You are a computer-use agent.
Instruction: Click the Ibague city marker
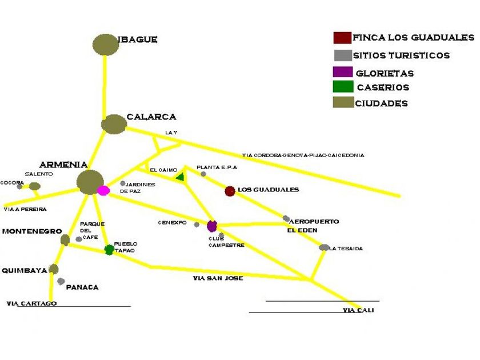(x=105, y=45)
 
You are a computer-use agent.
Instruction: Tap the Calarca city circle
(x=114, y=124)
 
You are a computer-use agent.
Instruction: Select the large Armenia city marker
(x=90, y=182)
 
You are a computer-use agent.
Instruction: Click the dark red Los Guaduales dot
(x=230, y=191)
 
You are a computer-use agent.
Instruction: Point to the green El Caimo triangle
(x=180, y=178)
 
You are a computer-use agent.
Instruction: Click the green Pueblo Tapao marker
(x=109, y=250)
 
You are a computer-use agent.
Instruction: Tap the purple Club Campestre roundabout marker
(x=212, y=226)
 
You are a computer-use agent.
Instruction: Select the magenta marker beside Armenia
(x=103, y=190)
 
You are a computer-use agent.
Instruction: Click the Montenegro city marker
(x=65, y=240)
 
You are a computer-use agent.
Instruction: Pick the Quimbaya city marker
(x=54, y=269)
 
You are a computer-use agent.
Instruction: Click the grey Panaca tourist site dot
(x=61, y=281)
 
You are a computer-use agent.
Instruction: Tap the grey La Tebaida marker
(x=324, y=247)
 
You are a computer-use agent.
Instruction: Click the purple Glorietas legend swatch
(x=342, y=73)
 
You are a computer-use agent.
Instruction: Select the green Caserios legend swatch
(x=342, y=87)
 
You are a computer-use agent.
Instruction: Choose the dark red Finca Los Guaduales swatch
(x=342, y=38)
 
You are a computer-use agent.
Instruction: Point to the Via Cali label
(x=358, y=310)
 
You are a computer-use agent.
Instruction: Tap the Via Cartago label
(x=31, y=303)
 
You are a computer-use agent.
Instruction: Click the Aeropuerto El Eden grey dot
(x=286, y=218)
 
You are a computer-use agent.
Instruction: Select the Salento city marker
(x=35, y=186)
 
